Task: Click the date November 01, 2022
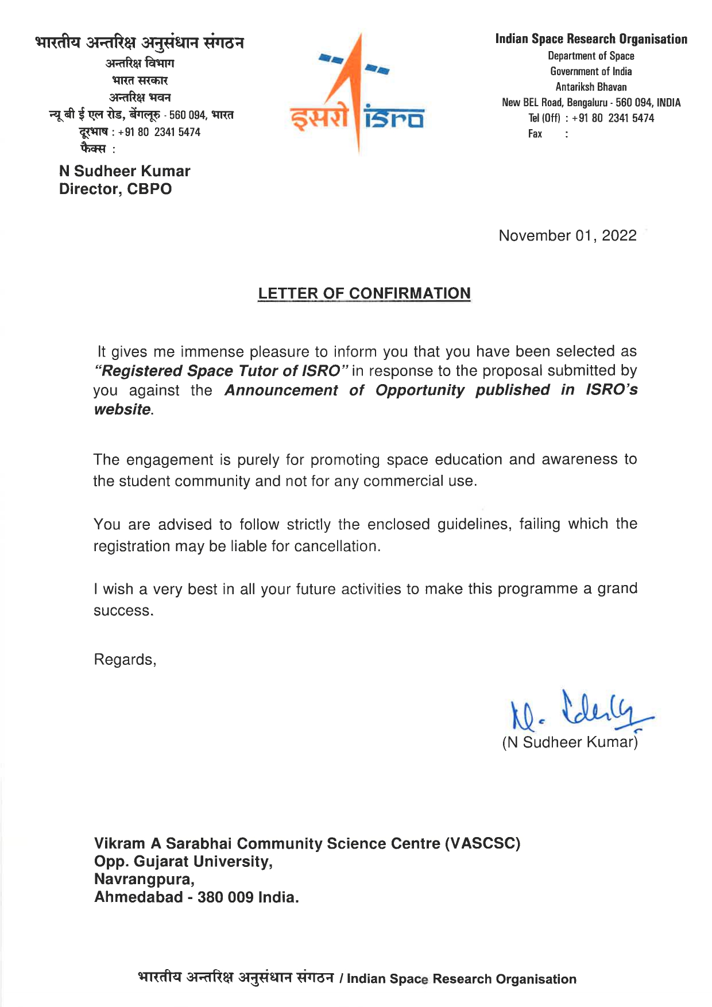pos(567,236)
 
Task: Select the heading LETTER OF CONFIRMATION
pos(364,293)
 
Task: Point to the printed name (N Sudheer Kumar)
pos(570,742)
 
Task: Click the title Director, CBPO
pos(115,189)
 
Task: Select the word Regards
pos(123,660)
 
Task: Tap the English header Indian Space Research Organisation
pos(591,39)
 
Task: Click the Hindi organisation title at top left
pos(140,42)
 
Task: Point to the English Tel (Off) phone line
pos(591,118)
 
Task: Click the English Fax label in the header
pos(535,134)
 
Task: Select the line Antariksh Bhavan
pos(591,87)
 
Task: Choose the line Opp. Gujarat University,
pos(183,862)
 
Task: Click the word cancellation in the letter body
pos(336,546)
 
